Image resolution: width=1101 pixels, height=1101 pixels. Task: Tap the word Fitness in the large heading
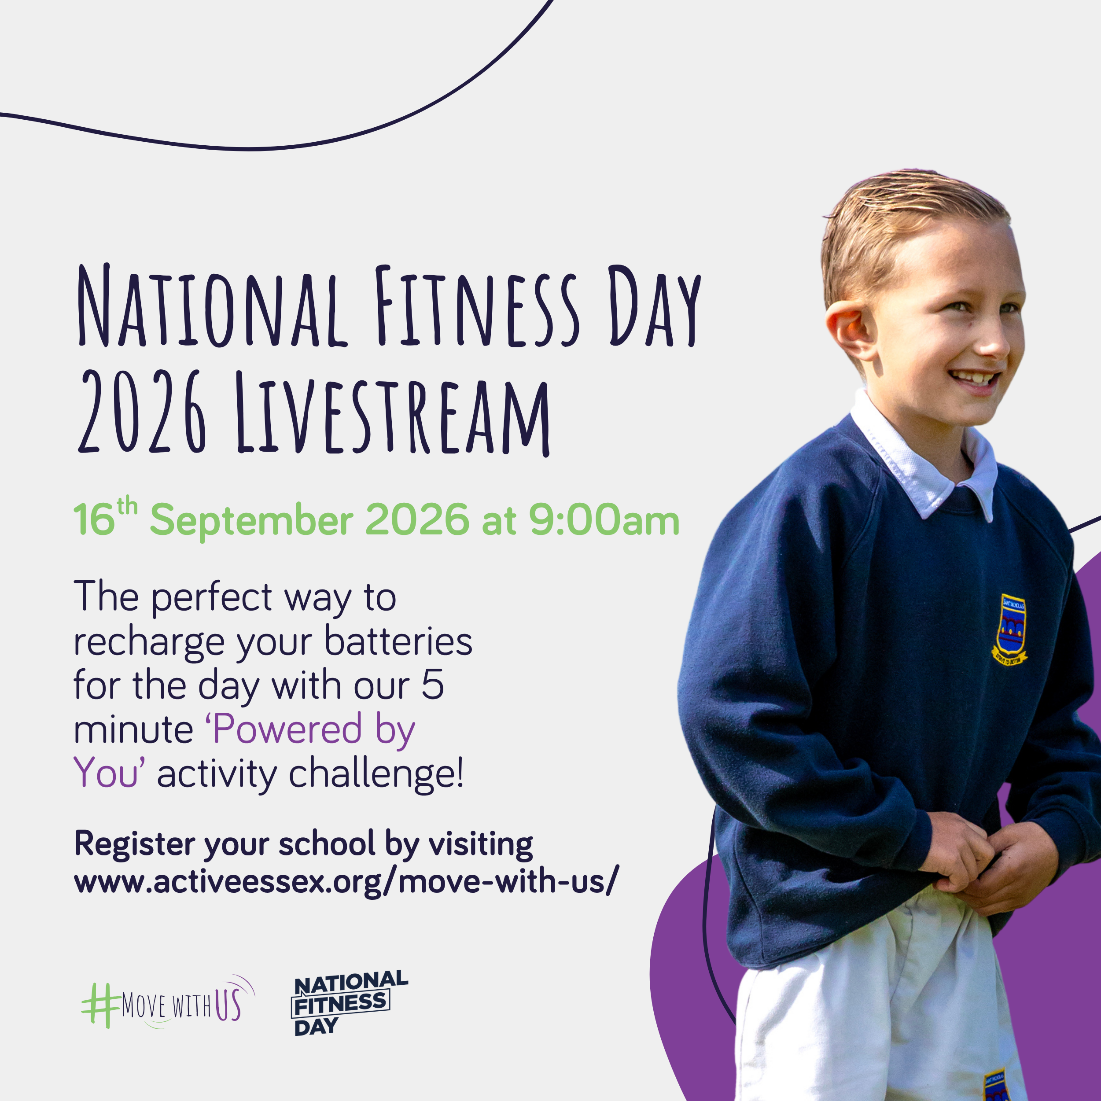coord(477,306)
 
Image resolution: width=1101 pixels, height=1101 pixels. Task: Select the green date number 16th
coord(105,517)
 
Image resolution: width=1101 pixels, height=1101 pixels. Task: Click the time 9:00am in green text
coord(604,520)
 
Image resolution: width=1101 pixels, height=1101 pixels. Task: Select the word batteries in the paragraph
coord(398,642)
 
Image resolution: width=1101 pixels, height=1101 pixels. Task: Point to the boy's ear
coord(849,331)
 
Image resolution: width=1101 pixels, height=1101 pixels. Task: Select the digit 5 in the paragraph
coord(433,685)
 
